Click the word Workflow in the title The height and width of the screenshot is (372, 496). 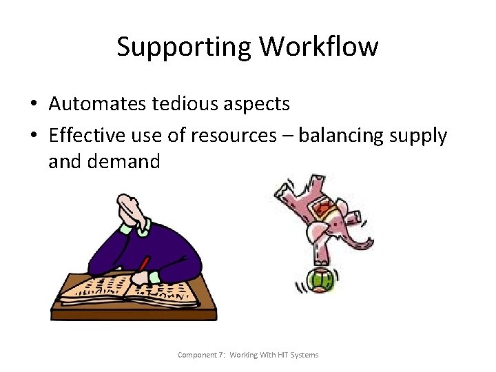coord(318,48)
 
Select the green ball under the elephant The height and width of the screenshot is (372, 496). coord(319,280)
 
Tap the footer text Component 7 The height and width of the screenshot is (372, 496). coord(200,355)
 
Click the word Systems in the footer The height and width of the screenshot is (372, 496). coord(304,355)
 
